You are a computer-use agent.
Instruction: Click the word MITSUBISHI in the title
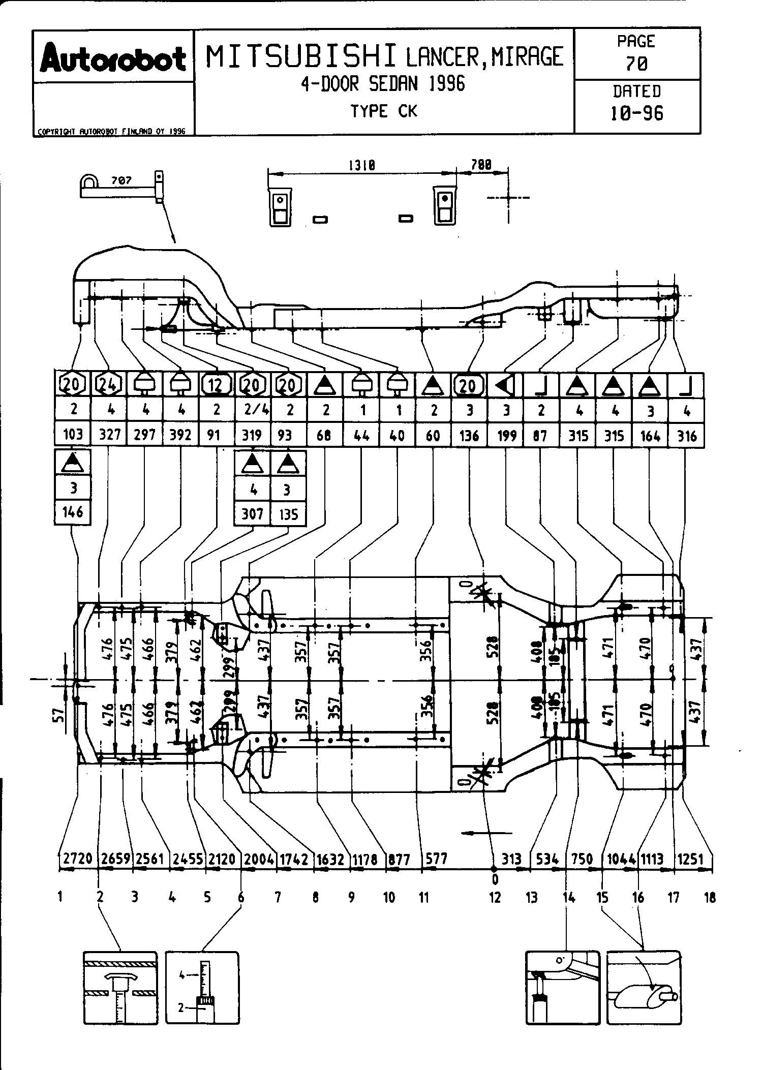(301, 56)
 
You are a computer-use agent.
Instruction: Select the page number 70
(636, 64)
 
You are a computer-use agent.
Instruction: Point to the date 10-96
(636, 113)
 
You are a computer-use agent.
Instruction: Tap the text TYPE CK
(384, 111)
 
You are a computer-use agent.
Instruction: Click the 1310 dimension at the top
(361, 165)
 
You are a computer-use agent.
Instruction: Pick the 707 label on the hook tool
(121, 180)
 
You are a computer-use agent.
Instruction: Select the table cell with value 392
(180, 435)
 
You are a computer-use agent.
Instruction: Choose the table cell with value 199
(506, 436)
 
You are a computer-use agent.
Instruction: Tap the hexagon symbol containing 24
(109, 385)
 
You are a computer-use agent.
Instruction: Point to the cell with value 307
(252, 513)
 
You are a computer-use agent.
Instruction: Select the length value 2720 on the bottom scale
(78, 859)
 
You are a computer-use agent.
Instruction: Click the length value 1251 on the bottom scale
(690, 860)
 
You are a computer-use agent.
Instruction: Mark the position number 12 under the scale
(495, 898)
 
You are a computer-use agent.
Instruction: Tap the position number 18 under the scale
(710, 898)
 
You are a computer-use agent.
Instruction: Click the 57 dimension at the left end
(59, 716)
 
